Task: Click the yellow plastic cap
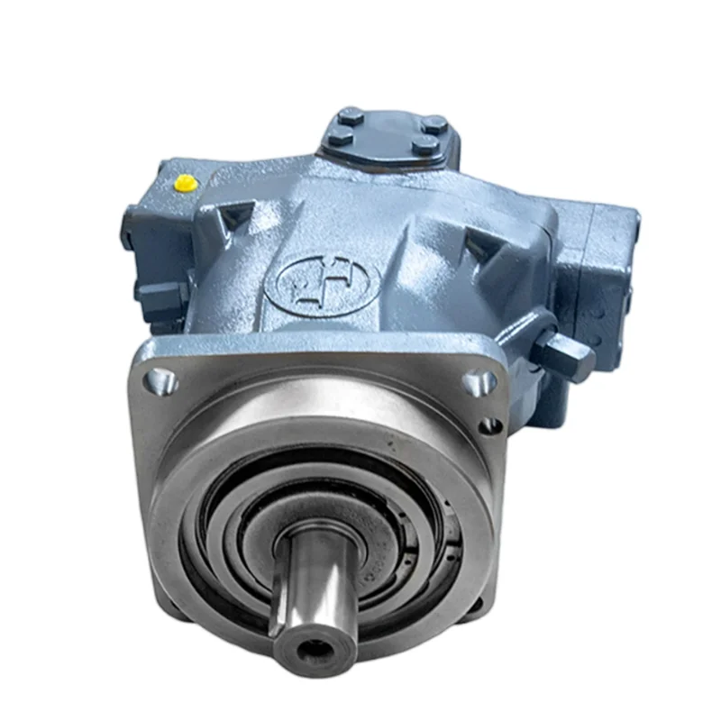187,183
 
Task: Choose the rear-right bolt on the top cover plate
434,123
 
